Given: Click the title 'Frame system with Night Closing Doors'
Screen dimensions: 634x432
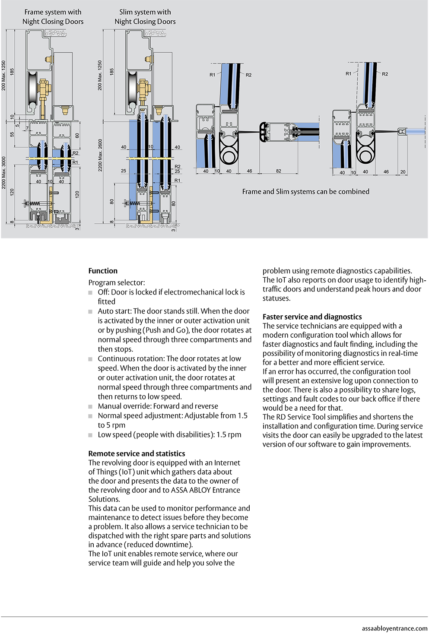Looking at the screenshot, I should pyautogui.click(x=53, y=17).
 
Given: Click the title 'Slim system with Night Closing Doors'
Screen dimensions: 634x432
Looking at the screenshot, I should pyautogui.click(x=145, y=17).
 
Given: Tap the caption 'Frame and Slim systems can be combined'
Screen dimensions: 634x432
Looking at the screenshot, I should pyautogui.click(x=305, y=191).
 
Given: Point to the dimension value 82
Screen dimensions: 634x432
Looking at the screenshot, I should pyautogui.click(x=279, y=171).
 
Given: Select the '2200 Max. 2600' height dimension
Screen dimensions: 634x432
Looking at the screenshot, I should pyautogui.click(x=100, y=155).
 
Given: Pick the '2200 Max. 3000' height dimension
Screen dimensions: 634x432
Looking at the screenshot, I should pyautogui.click(x=4, y=172).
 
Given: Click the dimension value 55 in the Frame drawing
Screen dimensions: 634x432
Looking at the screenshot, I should pyautogui.click(x=12, y=134).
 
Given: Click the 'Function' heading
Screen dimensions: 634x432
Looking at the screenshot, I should pyautogui.click(x=103, y=271).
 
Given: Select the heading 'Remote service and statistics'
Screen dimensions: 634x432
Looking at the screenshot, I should pyautogui.click(x=137, y=453).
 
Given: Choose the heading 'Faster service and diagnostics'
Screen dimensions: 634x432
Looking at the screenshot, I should pyautogui.click(x=312, y=317).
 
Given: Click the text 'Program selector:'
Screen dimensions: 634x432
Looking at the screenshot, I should pyautogui.click(x=117, y=282).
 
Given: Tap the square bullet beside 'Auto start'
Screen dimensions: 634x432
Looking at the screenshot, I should pyautogui.click(x=91, y=311).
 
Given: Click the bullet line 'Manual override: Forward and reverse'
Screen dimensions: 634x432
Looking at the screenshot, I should pyautogui.click(x=158, y=406).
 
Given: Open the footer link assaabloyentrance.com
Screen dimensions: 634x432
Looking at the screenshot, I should pyautogui.click(x=394, y=628).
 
